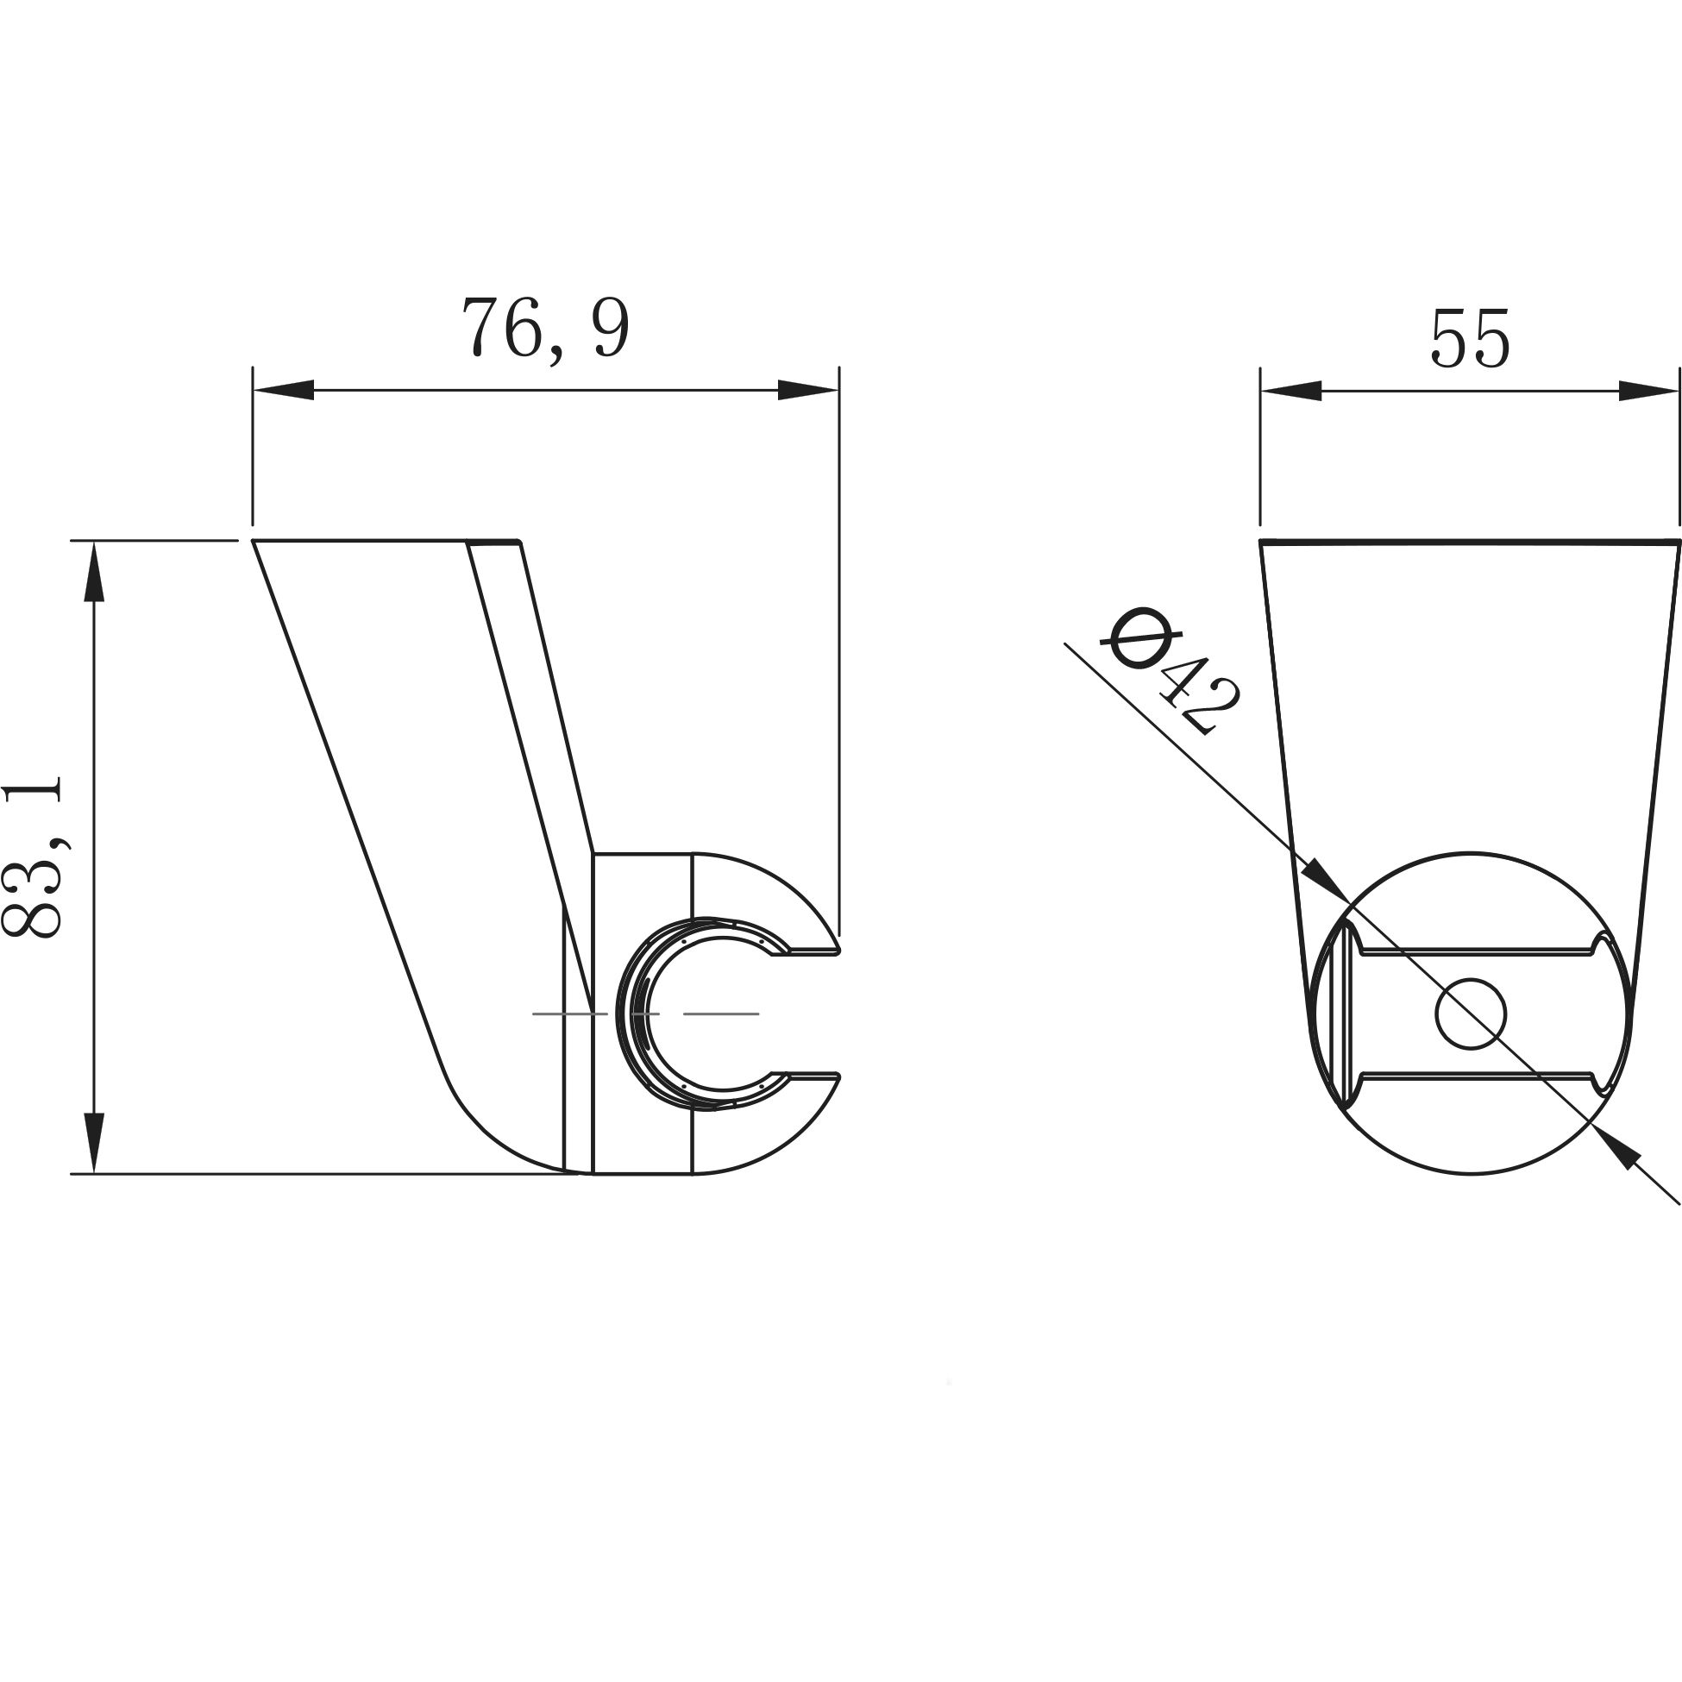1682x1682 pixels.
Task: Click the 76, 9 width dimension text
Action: click(x=545, y=330)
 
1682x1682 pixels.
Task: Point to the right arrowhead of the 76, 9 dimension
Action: click(x=807, y=390)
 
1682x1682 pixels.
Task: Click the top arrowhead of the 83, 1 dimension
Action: click(x=94, y=571)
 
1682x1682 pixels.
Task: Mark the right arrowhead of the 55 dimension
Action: click(x=1647, y=392)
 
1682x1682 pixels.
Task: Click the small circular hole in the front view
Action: click(x=1471, y=1014)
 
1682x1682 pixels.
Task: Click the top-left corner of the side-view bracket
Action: click(x=254, y=542)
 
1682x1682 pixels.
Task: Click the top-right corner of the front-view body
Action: click(x=1678, y=542)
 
